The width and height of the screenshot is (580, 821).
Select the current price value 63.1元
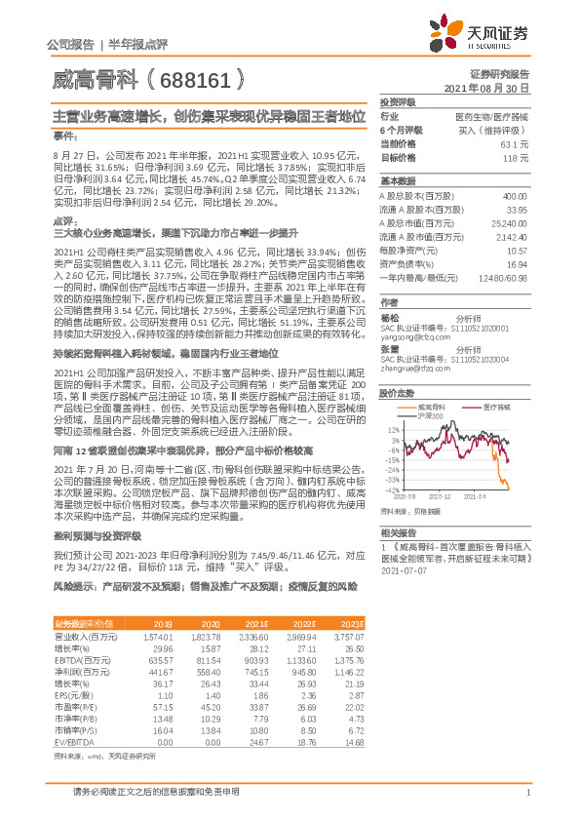tap(517, 143)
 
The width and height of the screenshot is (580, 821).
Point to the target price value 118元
tap(518, 157)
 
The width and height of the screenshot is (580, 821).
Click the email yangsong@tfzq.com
tap(412, 336)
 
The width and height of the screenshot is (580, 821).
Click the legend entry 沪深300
tap(428, 416)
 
